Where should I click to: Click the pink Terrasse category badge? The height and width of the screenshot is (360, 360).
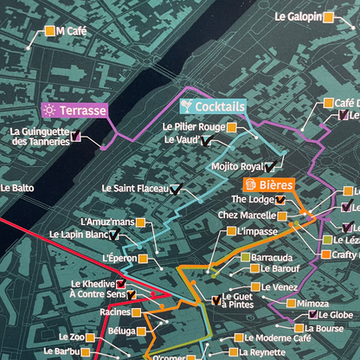(74, 111)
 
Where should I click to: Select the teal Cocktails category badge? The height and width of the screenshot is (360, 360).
(212, 106)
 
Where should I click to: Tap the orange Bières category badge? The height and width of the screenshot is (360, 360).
(269, 184)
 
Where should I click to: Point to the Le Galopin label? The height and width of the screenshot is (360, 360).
(299, 16)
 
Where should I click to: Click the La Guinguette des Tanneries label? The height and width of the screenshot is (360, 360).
(39, 137)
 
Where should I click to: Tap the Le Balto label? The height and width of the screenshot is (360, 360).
(17, 187)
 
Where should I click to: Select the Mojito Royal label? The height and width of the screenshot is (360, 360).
(236, 166)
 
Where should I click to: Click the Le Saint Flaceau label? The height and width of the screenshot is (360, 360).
(134, 188)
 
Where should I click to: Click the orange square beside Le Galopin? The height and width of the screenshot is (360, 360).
(330, 16)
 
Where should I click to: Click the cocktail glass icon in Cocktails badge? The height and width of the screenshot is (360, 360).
(186, 106)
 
